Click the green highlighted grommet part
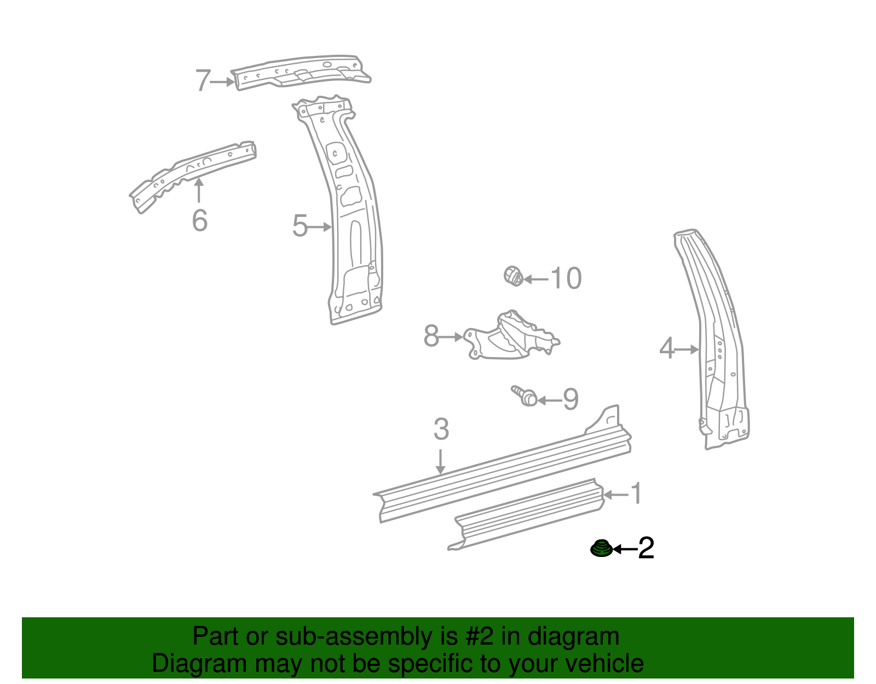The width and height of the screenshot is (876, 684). [601, 548]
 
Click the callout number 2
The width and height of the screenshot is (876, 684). [646, 548]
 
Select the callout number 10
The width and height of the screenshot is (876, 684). [566, 278]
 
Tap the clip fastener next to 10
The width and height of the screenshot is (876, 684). [513, 275]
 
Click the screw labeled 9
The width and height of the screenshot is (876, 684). [525, 396]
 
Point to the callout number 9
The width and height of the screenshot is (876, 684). [570, 400]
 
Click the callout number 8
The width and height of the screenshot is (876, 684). [431, 336]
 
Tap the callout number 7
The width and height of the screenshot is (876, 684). [203, 81]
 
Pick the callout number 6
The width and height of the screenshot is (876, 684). [200, 221]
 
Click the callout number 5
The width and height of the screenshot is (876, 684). [300, 226]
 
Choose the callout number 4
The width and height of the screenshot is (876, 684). [667, 348]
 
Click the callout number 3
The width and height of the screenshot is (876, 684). [441, 429]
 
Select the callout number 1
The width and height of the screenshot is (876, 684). [636, 494]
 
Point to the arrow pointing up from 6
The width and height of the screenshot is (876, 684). [199, 191]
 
